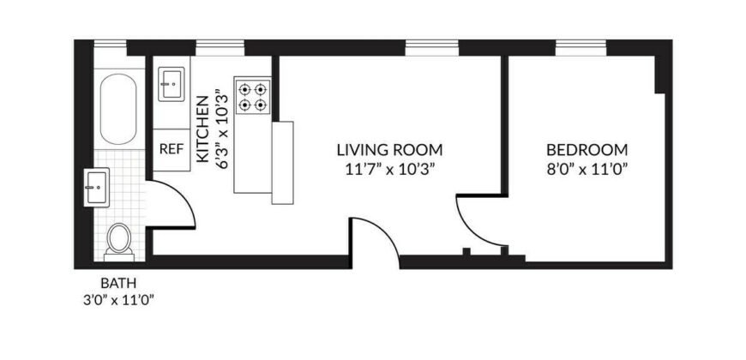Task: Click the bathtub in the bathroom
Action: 118,111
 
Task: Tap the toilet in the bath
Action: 119,240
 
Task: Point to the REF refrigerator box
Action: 171,147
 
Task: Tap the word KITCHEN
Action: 203,129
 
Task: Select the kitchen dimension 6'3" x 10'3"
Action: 224,129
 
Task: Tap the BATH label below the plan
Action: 118,283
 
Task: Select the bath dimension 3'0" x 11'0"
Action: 118,299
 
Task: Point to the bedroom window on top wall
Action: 581,46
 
